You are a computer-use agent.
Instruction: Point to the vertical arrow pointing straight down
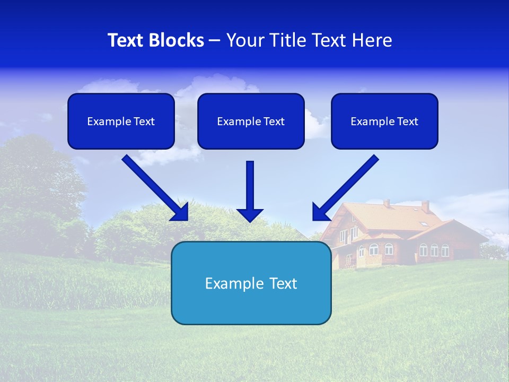250,186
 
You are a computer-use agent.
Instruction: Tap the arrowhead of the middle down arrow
250,215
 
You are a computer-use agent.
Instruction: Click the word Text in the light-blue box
282,283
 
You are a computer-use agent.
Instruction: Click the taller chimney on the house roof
425,206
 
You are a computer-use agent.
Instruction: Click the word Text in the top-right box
408,121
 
